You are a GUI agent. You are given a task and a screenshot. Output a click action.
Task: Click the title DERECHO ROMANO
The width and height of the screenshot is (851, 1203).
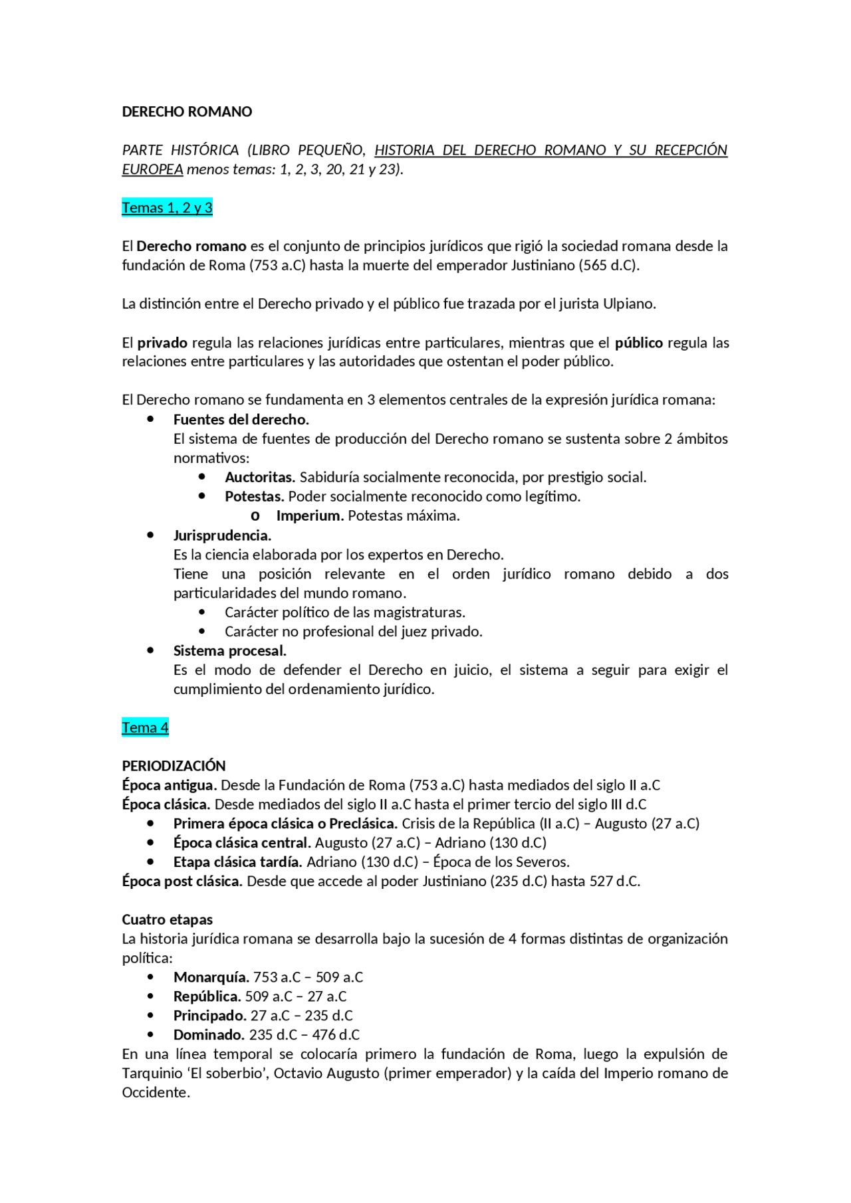pyautogui.click(x=187, y=112)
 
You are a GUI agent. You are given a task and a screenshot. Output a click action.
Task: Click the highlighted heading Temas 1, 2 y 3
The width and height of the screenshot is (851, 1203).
pyautogui.click(x=167, y=208)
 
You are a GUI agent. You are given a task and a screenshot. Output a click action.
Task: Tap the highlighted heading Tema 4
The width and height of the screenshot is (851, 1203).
pyautogui.click(x=145, y=727)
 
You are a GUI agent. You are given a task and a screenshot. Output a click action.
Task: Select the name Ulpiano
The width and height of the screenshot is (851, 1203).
pyautogui.click(x=628, y=304)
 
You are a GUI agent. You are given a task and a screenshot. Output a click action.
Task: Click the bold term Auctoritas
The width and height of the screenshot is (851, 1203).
pyautogui.click(x=260, y=477)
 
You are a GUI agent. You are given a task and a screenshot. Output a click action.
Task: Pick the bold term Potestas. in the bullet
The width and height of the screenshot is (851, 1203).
pyautogui.click(x=255, y=496)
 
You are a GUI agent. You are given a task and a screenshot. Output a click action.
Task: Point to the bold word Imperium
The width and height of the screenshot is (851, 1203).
pyautogui.click(x=310, y=515)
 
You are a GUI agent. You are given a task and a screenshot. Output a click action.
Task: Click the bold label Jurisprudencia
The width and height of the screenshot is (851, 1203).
pyautogui.click(x=222, y=535)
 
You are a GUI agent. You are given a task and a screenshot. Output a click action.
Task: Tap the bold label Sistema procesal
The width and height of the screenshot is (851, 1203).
pyautogui.click(x=229, y=650)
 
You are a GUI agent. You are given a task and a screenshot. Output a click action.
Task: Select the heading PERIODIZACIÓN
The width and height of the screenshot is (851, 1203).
pyautogui.click(x=174, y=765)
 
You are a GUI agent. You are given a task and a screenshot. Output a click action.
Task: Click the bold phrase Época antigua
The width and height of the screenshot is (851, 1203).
pyautogui.click(x=169, y=785)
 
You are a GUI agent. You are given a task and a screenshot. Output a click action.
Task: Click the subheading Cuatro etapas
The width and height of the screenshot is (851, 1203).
pyautogui.click(x=168, y=919)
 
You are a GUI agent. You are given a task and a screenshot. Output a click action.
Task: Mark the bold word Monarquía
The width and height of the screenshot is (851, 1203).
pyautogui.click(x=211, y=977)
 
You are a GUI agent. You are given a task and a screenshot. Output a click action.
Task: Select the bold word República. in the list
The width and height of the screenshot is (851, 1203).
pyautogui.click(x=207, y=996)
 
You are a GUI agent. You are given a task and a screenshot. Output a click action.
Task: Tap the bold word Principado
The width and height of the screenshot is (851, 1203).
pyautogui.click(x=209, y=1016)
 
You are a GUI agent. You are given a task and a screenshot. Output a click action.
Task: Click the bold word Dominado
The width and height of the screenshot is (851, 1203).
pyautogui.click(x=209, y=1035)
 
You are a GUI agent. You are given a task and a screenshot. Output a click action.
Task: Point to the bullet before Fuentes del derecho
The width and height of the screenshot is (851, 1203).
pyautogui.click(x=151, y=419)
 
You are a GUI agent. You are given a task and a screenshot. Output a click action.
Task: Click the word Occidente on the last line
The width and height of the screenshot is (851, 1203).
pyautogui.click(x=156, y=1093)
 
